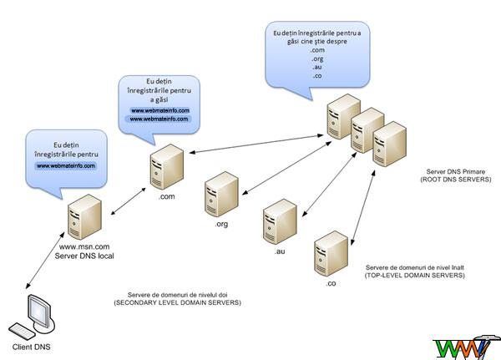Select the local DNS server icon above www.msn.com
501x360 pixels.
tap(83, 215)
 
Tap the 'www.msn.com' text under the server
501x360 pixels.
tap(85, 246)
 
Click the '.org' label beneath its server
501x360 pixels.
tap(221, 224)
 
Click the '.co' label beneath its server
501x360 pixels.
tap(331, 285)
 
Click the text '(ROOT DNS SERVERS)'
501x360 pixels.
tap(456, 180)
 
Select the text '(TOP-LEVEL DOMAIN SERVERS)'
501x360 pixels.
tap(414, 274)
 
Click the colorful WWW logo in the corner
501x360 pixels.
tap(465, 346)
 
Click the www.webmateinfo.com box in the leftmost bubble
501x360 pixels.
tap(65, 165)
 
